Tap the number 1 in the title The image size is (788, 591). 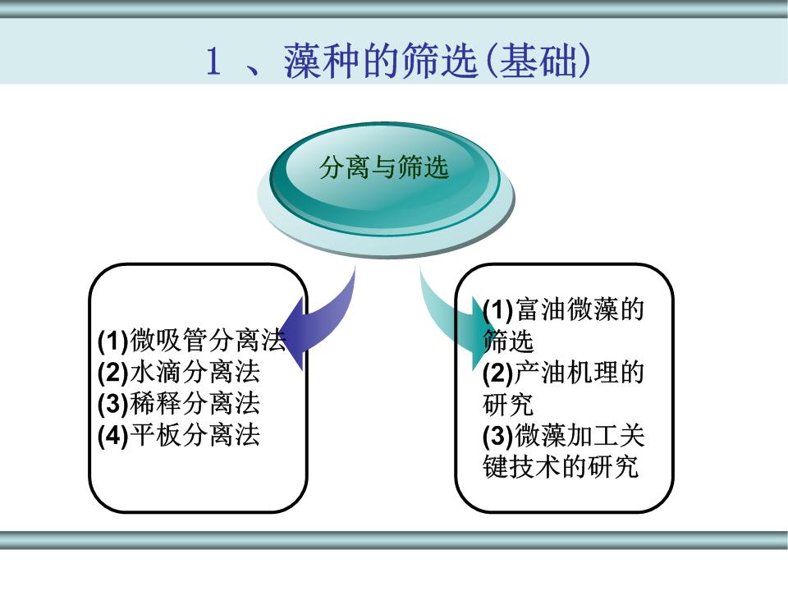click(213, 62)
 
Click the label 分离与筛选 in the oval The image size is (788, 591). click(383, 167)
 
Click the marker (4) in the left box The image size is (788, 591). click(113, 436)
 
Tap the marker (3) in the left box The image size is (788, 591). click(113, 404)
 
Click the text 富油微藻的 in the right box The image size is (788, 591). click(580, 309)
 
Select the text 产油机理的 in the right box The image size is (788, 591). click(580, 373)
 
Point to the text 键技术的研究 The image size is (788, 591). click(561, 466)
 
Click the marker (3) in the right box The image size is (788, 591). click(498, 436)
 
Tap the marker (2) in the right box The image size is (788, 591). click(498, 373)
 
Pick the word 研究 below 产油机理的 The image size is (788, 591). click(508, 404)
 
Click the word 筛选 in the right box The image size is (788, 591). click(508, 341)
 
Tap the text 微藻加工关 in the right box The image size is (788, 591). click(580, 435)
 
